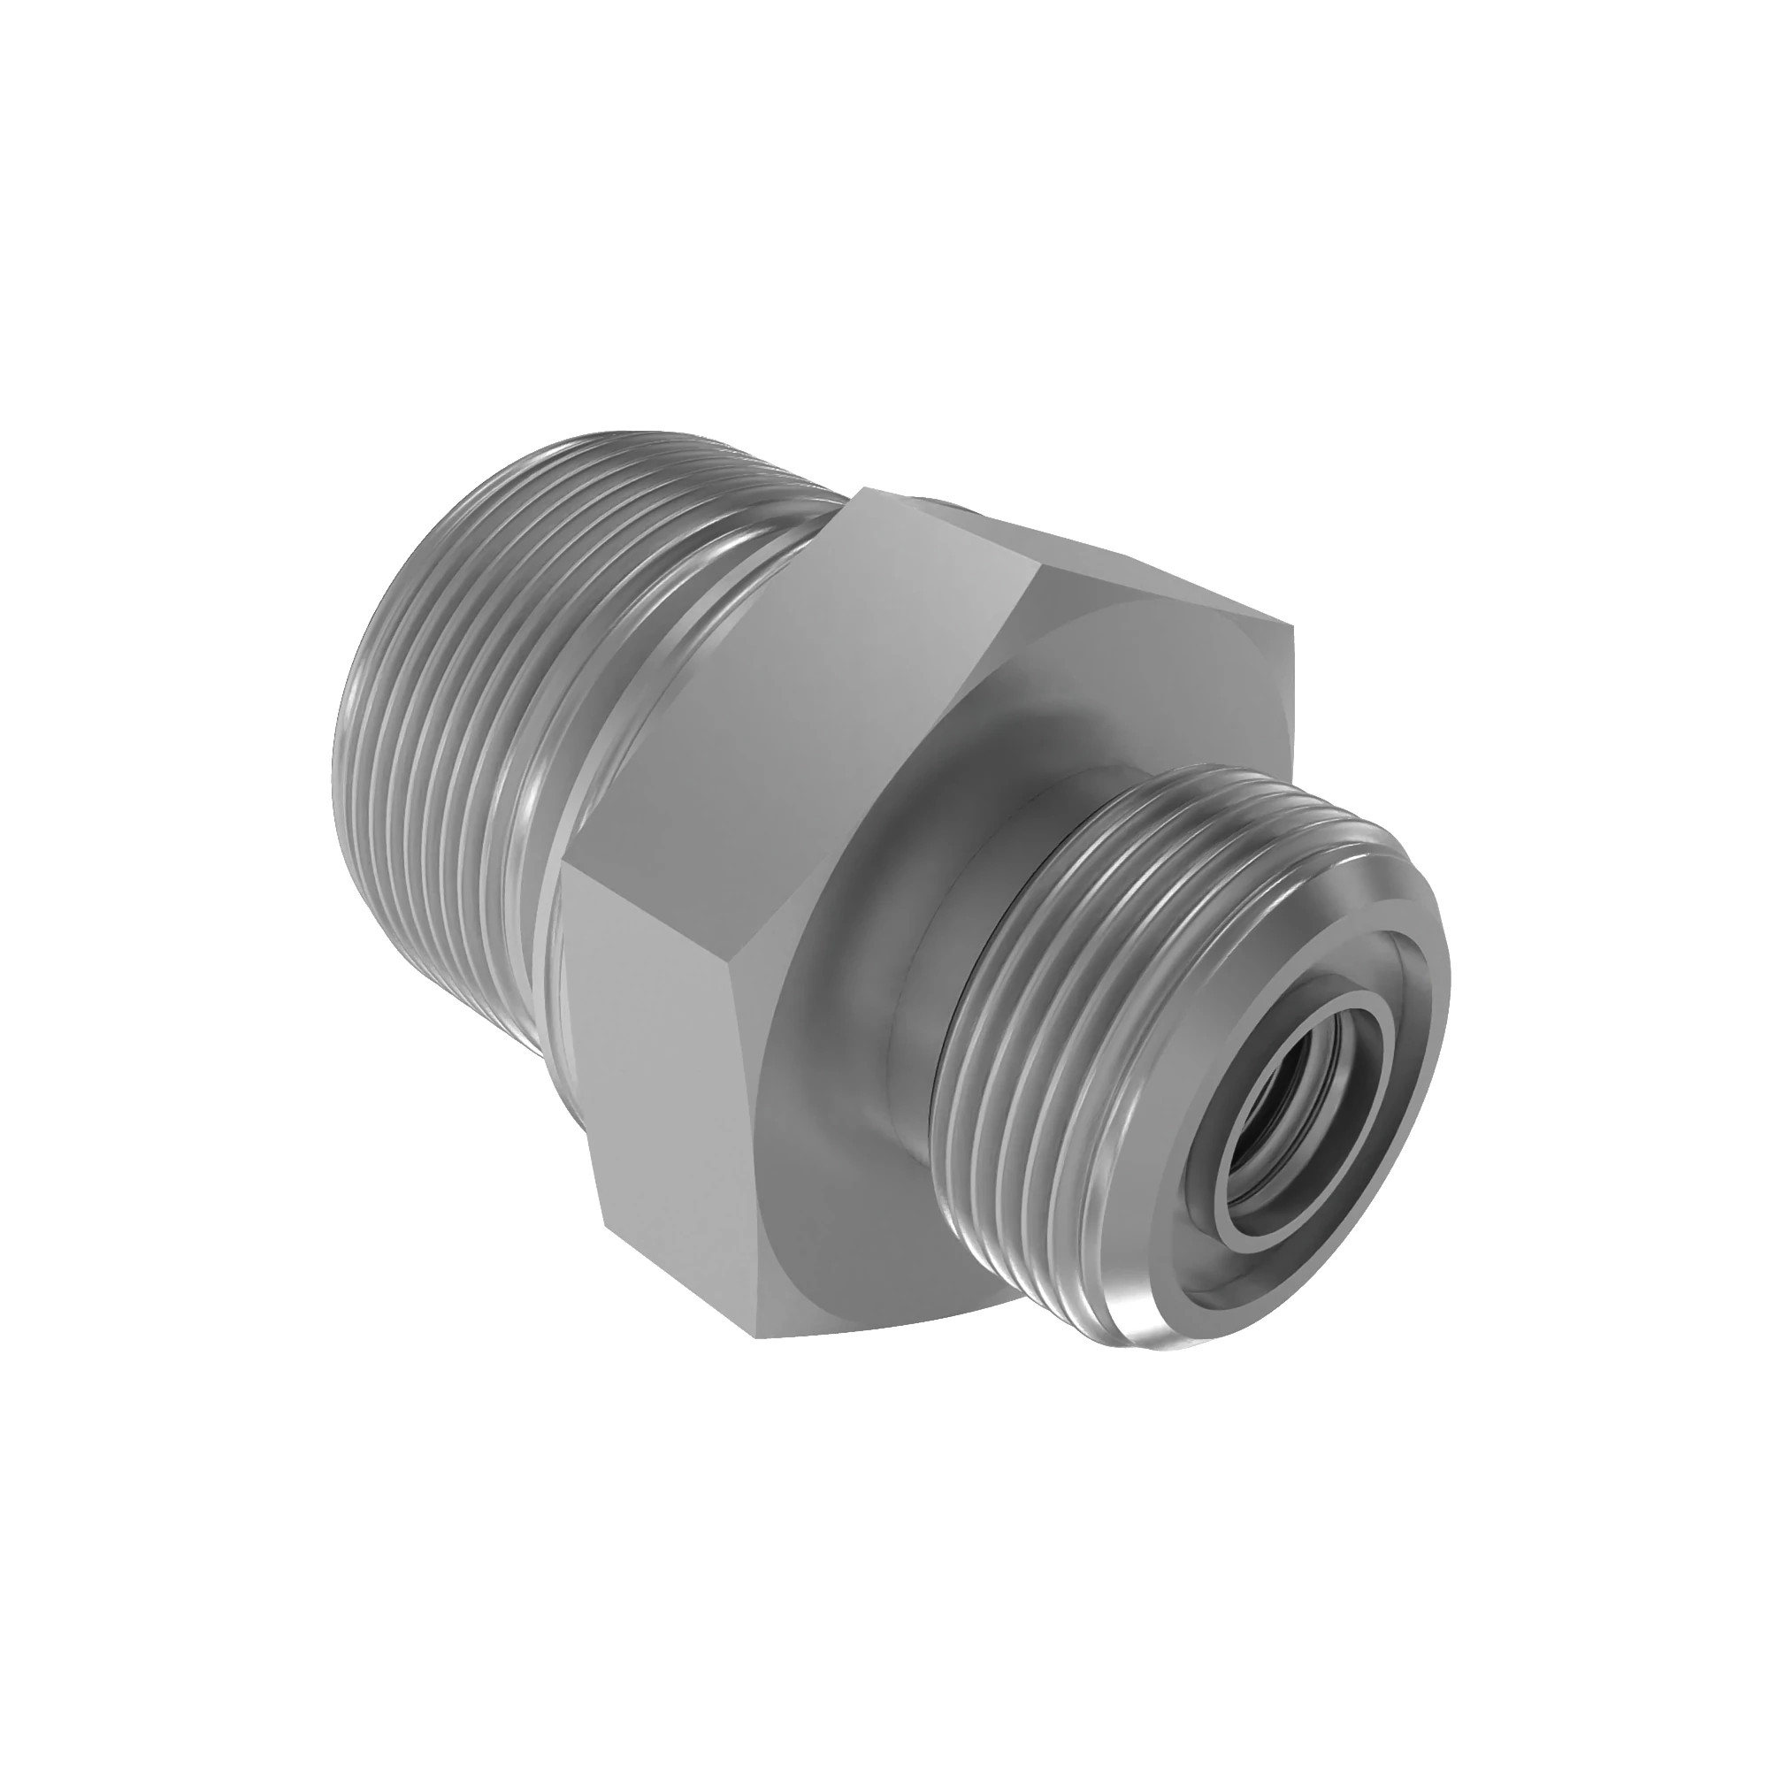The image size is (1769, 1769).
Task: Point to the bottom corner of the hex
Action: point(760,1336)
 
